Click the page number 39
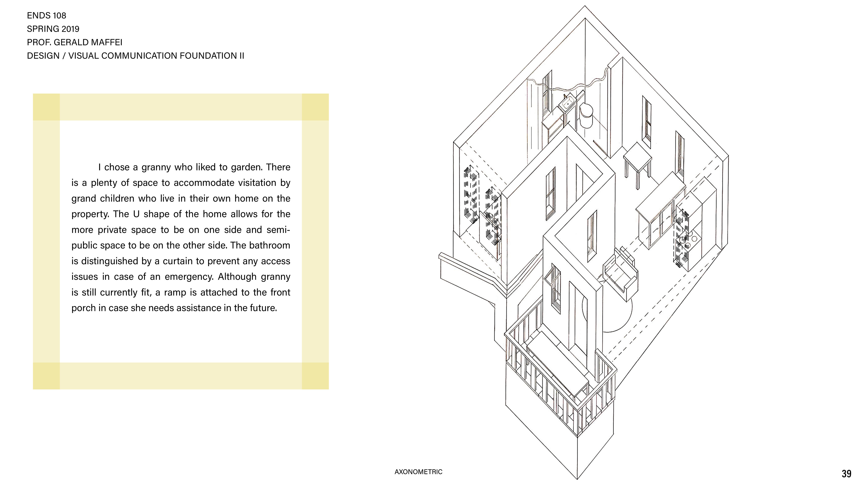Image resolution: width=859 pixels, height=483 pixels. tap(846, 474)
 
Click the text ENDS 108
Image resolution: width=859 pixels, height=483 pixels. tap(46, 16)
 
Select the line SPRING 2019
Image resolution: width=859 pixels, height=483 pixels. tap(53, 29)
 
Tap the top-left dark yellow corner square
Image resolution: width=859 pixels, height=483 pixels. tap(46, 107)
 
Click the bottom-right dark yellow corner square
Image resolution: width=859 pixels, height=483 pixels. tap(315, 376)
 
